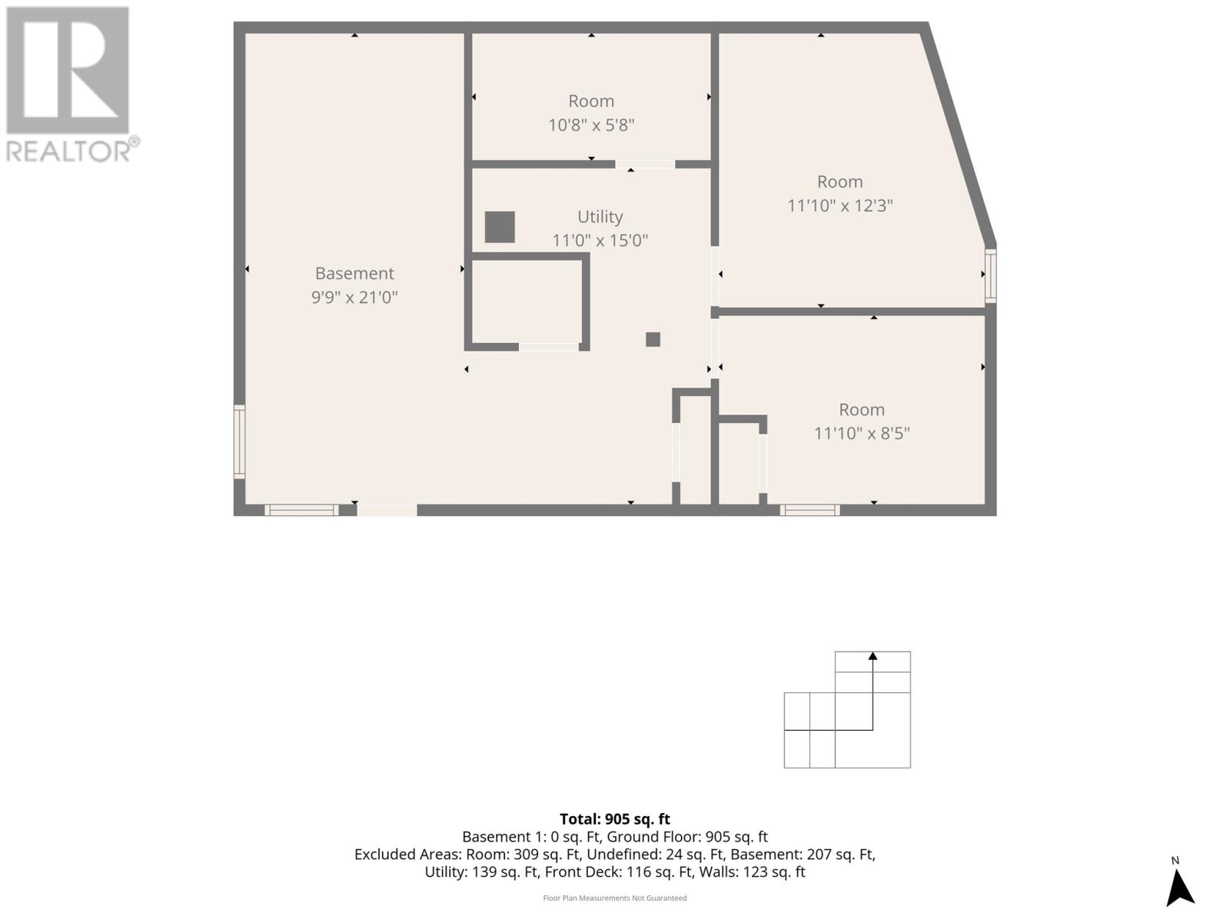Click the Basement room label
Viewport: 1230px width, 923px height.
pos(354,273)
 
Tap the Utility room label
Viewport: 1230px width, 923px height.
pos(600,217)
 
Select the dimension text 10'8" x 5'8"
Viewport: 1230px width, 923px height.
pos(590,125)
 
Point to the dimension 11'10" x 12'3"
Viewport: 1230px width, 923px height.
pos(839,205)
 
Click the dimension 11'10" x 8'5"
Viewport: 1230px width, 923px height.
pos(862,433)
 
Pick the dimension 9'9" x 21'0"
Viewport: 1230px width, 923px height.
pos(354,297)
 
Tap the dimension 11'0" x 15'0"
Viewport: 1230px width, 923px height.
pos(600,240)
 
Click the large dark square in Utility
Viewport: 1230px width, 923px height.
pos(500,227)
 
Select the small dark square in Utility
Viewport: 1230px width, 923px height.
pos(653,339)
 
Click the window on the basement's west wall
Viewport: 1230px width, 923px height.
pos(239,442)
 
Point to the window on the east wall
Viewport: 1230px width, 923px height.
pos(991,275)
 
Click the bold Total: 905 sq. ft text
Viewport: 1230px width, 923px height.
pos(615,819)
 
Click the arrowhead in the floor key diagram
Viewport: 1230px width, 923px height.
pos(873,656)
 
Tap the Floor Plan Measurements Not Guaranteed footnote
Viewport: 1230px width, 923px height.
pos(615,898)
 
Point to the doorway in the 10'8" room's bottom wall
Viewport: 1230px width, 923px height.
pos(645,164)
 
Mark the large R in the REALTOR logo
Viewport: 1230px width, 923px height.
pos(68,71)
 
